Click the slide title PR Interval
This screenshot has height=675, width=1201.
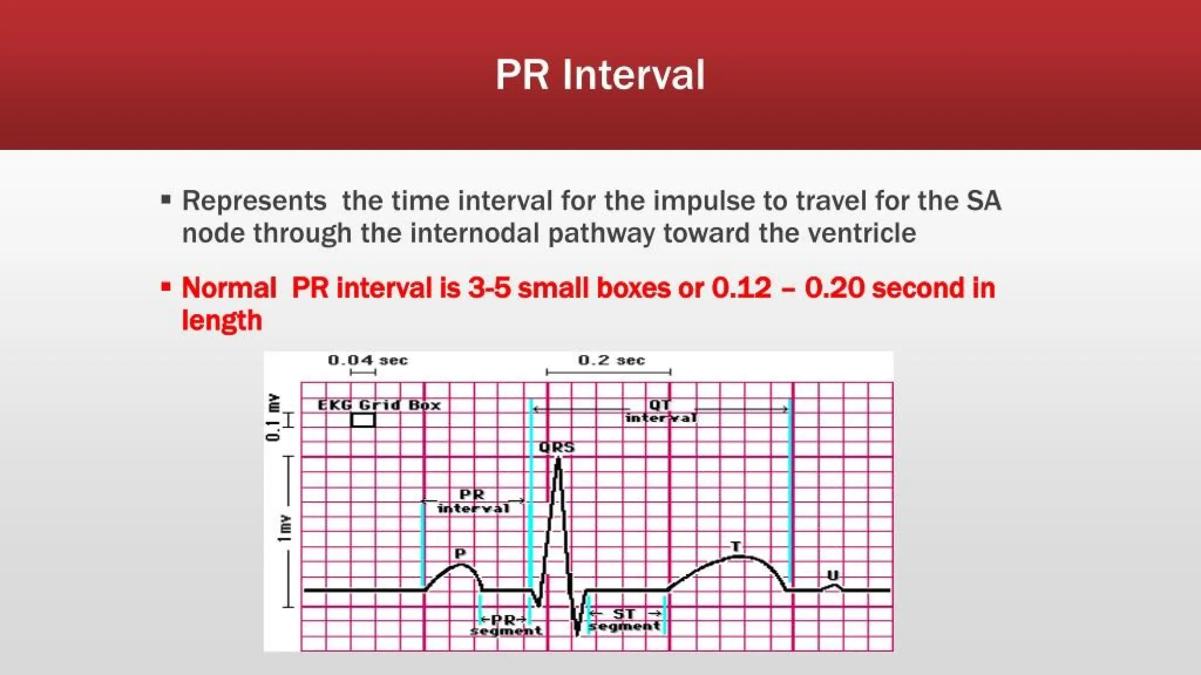click(x=600, y=74)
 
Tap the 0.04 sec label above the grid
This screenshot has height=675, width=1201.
click(x=368, y=360)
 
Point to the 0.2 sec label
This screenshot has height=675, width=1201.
click(x=611, y=360)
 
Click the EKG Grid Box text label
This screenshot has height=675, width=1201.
click(x=379, y=405)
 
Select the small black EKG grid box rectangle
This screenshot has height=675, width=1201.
click(x=363, y=420)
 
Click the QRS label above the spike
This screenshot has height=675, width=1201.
click(x=557, y=448)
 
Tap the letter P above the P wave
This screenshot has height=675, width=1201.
click(x=460, y=553)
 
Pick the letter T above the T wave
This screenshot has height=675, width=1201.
click(x=735, y=546)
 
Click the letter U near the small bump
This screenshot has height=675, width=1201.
click(x=832, y=575)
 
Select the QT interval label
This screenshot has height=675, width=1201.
click(x=660, y=411)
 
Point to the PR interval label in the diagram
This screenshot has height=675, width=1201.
click(x=473, y=502)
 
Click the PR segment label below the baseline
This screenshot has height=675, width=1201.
click(x=505, y=625)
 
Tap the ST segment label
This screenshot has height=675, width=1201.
click(x=625, y=620)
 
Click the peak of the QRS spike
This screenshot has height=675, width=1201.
click(x=558, y=459)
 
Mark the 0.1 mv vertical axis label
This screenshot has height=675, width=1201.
click(x=273, y=417)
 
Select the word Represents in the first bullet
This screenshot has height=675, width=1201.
click(x=254, y=201)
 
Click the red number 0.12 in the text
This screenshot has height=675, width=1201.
click(x=741, y=288)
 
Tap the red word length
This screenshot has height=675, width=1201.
click(x=222, y=321)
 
